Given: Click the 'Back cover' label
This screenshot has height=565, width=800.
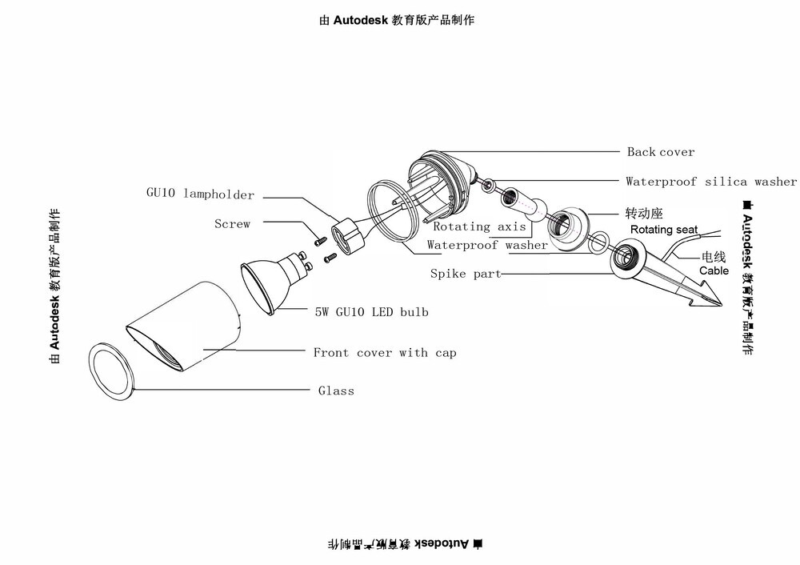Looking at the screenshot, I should click(660, 152).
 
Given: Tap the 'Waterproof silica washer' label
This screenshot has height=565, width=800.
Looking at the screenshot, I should click(710, 182).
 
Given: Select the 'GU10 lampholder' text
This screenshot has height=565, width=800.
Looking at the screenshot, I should click(200, 194).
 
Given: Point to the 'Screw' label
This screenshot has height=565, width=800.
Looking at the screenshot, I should click(232, 224).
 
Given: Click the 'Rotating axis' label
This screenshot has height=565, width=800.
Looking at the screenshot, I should click(480, 227).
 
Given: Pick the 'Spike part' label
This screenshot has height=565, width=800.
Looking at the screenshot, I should click(466, 274).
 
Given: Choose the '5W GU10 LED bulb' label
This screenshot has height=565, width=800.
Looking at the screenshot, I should click(371, 312).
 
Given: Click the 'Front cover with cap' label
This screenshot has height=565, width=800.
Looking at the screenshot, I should click(384, 352).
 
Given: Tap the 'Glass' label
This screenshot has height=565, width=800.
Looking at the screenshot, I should click(336, 391).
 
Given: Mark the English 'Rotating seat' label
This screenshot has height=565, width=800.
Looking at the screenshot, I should click(663, 230).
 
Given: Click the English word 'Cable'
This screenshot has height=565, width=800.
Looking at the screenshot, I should click(714, 270).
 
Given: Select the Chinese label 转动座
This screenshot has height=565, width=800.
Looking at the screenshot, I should click(643, 214).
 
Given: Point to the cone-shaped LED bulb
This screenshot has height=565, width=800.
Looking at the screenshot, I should click(272, 284).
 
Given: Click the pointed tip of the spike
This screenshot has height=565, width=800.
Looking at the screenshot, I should click(718, 304).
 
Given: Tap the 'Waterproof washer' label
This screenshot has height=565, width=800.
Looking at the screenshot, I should click(487, 245).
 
